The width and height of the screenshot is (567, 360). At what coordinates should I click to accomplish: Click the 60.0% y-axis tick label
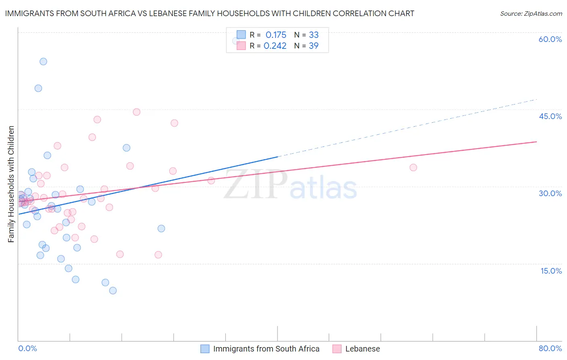[550, 39]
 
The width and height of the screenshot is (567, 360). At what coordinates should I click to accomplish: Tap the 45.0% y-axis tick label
[550, 116]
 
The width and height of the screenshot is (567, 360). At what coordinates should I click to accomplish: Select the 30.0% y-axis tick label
[550, 193]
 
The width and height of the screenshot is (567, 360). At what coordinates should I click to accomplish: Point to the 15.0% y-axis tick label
[551, 271]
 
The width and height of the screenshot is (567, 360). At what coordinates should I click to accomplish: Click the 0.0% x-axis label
[27, 348]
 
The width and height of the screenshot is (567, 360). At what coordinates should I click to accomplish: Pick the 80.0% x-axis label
[550, 348]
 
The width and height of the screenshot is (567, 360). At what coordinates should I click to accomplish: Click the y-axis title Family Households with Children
[11, 184]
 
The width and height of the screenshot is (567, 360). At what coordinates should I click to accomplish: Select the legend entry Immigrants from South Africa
[266, 349]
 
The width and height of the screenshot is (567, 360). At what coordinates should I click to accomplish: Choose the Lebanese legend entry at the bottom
[362, 349]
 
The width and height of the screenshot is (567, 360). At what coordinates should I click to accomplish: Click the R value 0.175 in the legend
[276, 35]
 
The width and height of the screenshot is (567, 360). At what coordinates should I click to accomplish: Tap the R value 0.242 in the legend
[275, 46]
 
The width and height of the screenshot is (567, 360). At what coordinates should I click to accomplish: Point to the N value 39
[313, 46]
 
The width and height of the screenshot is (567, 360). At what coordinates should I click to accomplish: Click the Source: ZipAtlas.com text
[531, 14]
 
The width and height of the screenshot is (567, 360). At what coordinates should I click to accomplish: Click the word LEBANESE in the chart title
[163, 14]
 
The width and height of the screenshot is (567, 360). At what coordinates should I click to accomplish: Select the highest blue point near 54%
[43, 62]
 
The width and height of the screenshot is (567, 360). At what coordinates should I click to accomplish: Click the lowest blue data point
[113, 291]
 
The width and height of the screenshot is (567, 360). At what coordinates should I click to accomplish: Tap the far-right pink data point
[413, 167]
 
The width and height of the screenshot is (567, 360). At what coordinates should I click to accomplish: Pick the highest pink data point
[137, 112]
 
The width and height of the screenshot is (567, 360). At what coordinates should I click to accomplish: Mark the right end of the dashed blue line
[536, 99]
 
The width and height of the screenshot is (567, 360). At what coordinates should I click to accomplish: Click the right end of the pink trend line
[536, 142]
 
